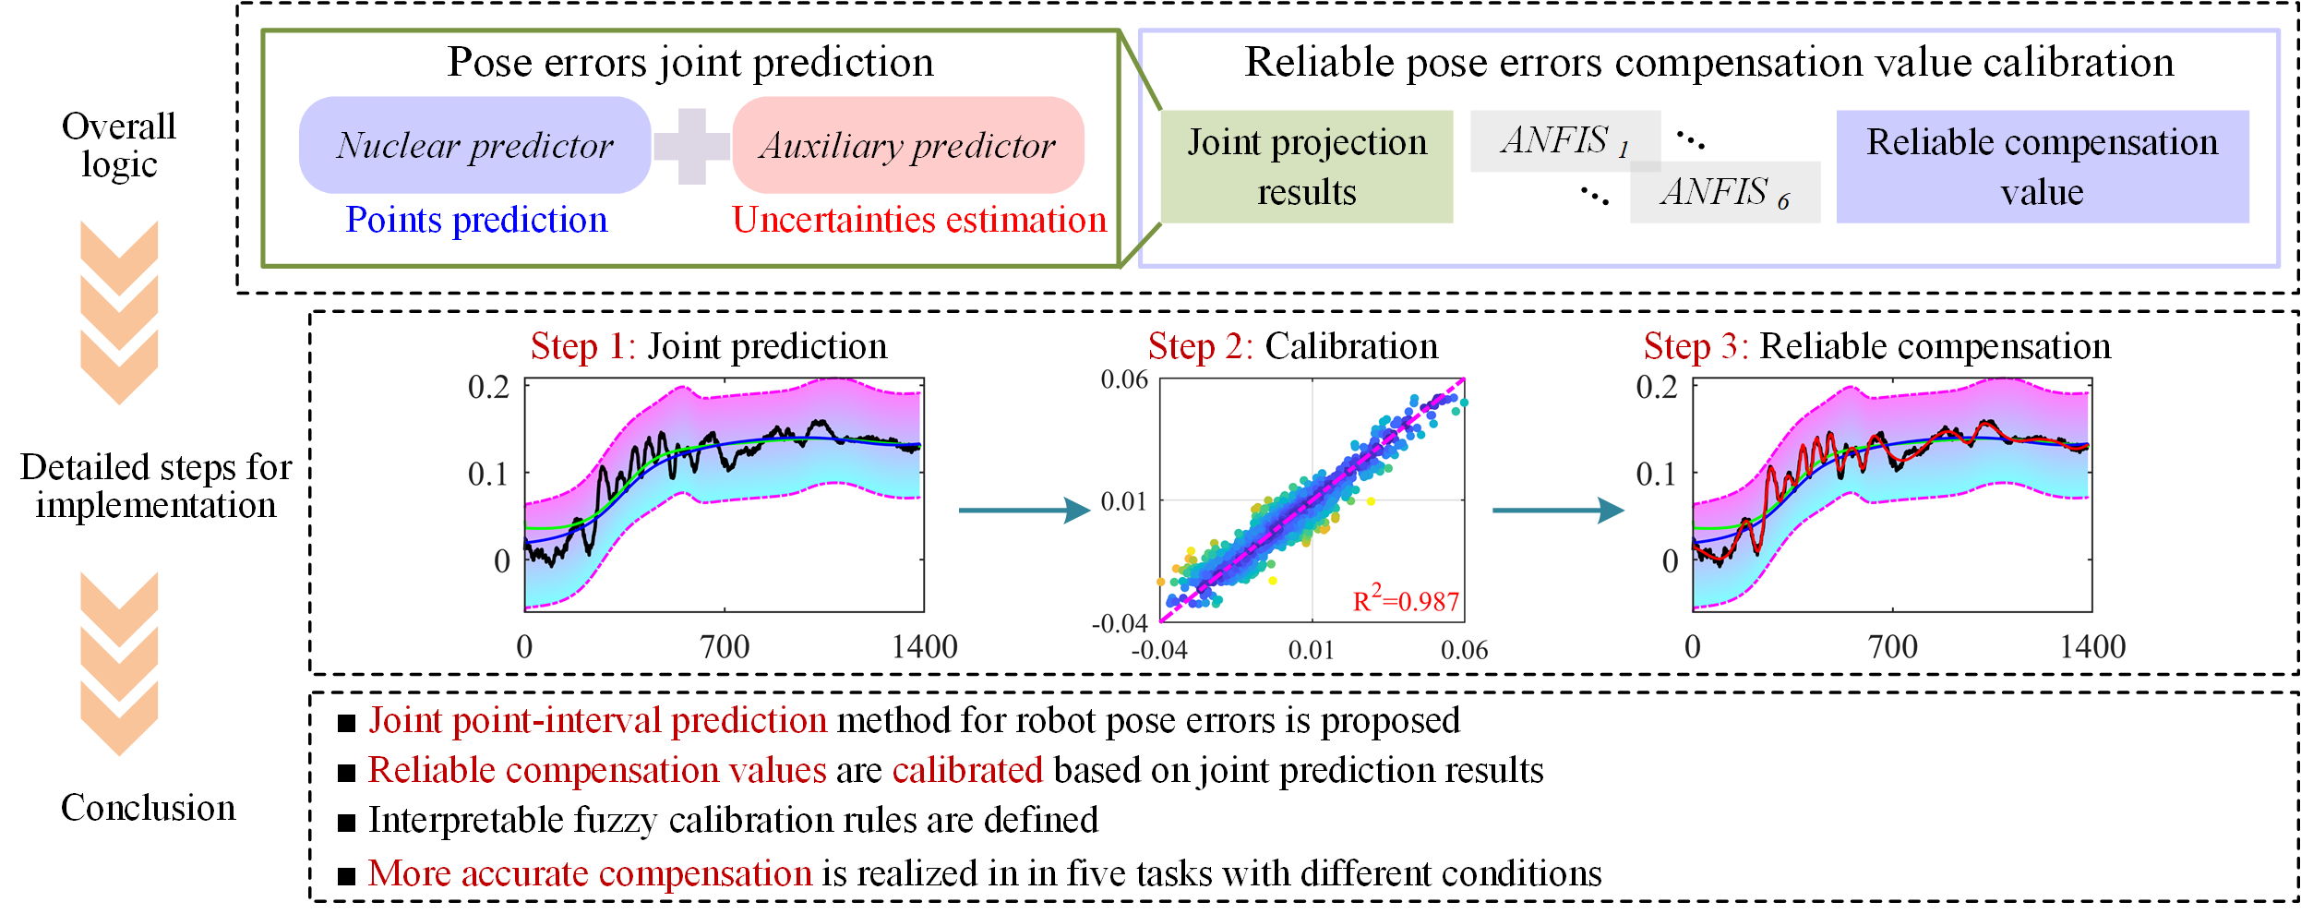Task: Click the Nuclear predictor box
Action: coord(474,145)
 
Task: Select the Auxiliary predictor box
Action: coord(907,145)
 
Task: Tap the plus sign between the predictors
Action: coord(691,146)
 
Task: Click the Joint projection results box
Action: coord(1306,167)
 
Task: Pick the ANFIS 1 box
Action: coord(1564,140)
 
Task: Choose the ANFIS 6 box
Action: coord(1724,193)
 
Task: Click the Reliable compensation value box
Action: coord(2042,167)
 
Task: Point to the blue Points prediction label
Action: coord(476,220)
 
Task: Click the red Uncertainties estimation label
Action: coord(918,220)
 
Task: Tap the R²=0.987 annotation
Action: coord(1405,600)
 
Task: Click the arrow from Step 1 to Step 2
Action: coord(1024,510)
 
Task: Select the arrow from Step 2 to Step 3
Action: coord(1557,510)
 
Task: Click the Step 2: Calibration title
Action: coord(1292,346)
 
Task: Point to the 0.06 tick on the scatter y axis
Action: coord(1124,379)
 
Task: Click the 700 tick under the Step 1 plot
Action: coord(725,646)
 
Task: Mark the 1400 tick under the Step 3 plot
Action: coord(2092,646)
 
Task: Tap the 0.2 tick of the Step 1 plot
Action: coord(488,387)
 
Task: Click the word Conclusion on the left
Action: coord(148,808)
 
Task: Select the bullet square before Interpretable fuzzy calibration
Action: coord(347,823)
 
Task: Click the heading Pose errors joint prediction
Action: coord(690,63)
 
